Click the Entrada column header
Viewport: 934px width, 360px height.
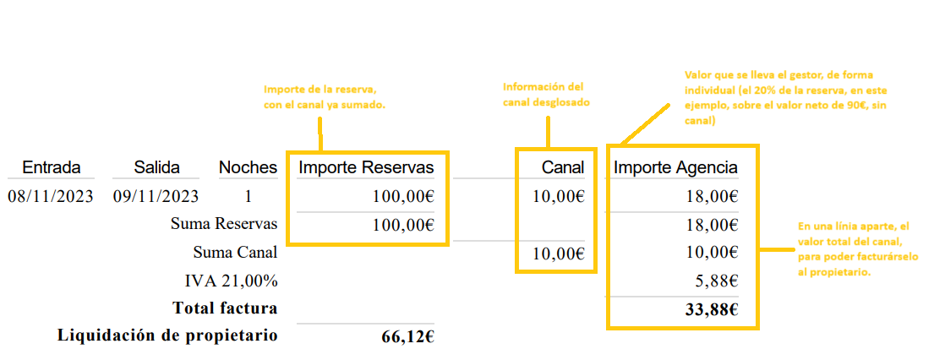pyautogui.click(x=52, y=167)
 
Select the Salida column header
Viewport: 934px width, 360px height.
pyautogui.click(x=156, y=167)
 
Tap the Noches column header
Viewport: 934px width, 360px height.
pyautogui.click(x=248, y=167)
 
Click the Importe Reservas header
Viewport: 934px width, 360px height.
pyautogui.click(x=366, y=168)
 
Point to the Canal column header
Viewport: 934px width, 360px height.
pyautogui.click(x=563, y=168)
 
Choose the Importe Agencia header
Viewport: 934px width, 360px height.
pyautogui.click(x=675, y=168)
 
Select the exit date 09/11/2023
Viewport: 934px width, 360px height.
pyautogui.click(x=156, y=197)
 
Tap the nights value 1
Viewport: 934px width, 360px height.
pyautogui.click(x=249, y=197)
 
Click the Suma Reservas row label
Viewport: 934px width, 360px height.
pyautogui.click(x=224, y=225)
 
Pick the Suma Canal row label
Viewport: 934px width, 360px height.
pyautogui.click(x=235, y=253)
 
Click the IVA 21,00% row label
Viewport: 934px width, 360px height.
pyautogui.click(x=231, y=281)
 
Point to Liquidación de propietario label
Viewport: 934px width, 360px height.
pyautogui.click(x=167, y=335)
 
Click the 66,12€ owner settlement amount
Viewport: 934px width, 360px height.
pyautogui.click(x=407, y=336)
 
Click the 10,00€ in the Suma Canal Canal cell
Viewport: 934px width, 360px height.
pyautogui.click(x=558, y=253)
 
